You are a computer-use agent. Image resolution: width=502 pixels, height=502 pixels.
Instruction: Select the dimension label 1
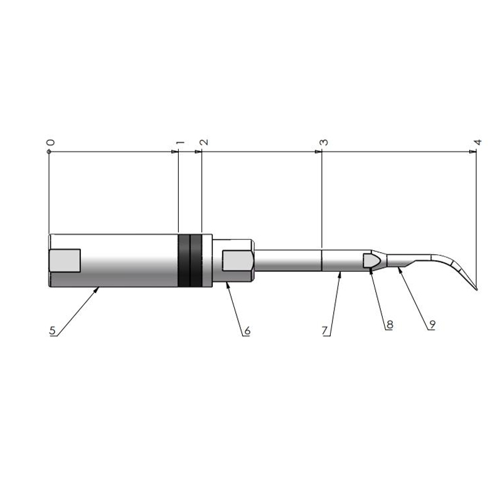click(x=180, y=143)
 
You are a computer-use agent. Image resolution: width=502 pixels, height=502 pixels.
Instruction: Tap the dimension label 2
click(x=204, y=142)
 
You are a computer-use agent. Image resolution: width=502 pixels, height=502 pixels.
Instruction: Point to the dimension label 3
click(x=323, y=142)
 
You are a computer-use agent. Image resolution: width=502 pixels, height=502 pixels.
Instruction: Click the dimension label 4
click(x=478, y=142)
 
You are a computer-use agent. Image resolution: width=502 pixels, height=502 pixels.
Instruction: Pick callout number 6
click(x=247, y=329)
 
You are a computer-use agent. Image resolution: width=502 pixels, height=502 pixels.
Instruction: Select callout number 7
click(x=326, y=329)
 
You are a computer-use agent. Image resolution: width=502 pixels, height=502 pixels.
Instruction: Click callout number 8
click(x=389, y=324)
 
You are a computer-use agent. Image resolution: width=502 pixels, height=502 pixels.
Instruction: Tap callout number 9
click(x=432, y=324)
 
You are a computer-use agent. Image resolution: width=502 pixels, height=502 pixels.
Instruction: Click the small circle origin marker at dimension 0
click(x=48, y=151)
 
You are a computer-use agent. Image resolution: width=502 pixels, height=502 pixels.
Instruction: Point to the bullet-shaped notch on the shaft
click(x=371, y=260)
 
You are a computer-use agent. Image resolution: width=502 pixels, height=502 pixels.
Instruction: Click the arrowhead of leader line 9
click(x=398, y=268)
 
